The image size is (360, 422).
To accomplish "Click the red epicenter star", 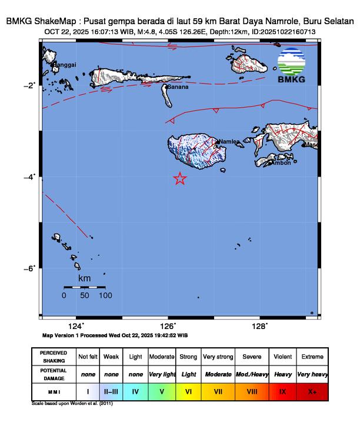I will pyautogui.click(x=180, y=179).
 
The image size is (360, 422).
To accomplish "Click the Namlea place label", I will pyautogui.click(x=229, y=142).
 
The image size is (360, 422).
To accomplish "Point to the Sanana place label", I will pyautogui.click(x=178, y=87).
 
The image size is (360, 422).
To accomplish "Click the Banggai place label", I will pyautogui.click(x=65, y=65).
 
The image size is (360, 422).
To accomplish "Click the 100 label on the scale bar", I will pyautogui.click(x=106, y=295).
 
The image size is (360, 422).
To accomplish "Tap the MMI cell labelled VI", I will pyautogui.click(x=188, y=391).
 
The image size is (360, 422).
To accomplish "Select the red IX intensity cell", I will pyautogui.click(x=282, y=391).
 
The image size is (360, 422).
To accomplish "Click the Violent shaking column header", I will pyautogui.click(x=282, y=357).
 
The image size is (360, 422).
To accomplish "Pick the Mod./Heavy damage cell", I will pyautogui.click(x=252, y=374).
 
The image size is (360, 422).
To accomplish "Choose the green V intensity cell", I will pyautogui.click(x=161, y=391).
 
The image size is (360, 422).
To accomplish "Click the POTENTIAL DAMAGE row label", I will pyautogui.click(x=54, y=374).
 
